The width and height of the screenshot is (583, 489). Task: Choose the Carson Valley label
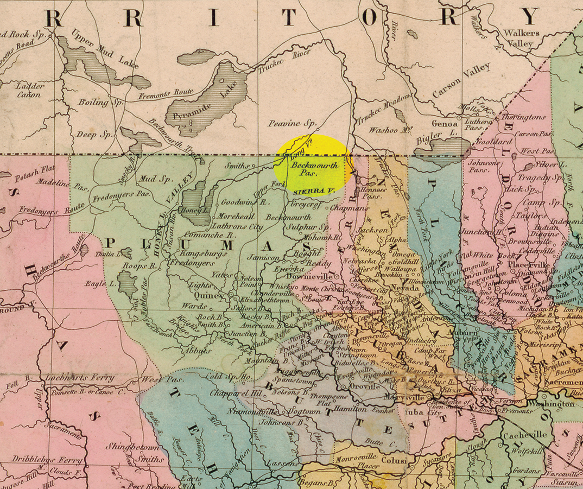pyautogui.click(x=461, y=81)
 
